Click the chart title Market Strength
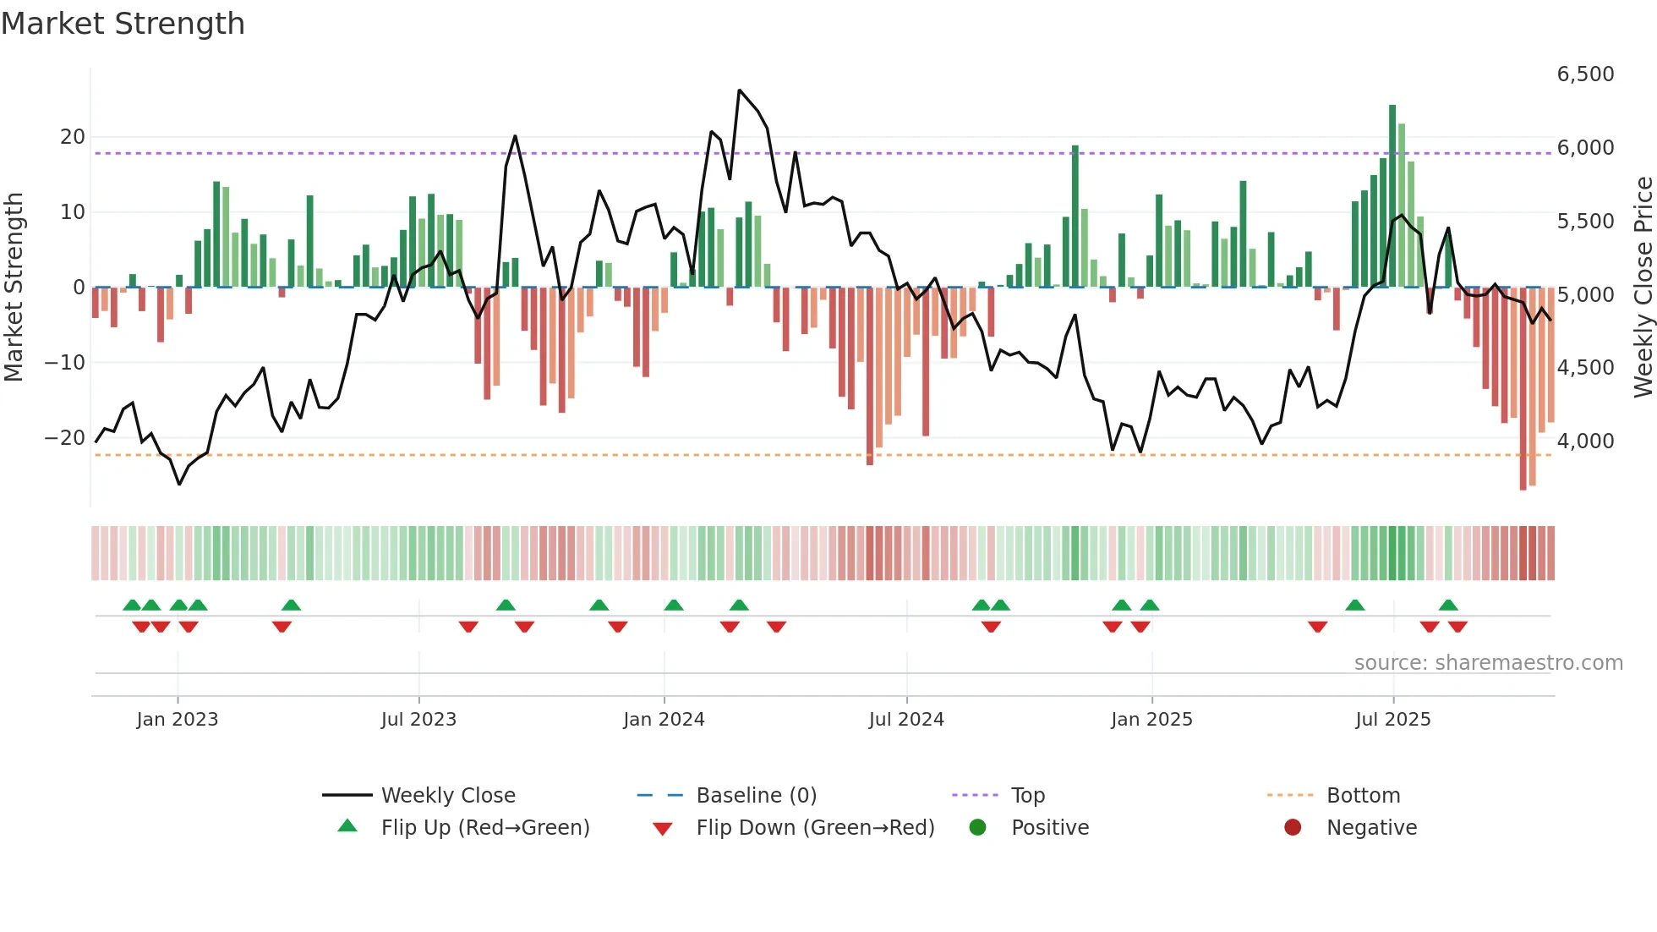coord(123,24)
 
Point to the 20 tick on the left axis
coord(73,137)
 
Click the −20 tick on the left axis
coord(65,438)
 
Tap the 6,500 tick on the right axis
coord(1585,74)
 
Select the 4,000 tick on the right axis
coord(1585,441)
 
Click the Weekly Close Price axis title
coord(1643,288)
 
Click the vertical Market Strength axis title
coord(14,288)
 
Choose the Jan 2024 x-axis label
coord(664,720)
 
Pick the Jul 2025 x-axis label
coord(1392,720)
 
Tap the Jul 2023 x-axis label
coord(418,720)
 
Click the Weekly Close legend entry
coord(447,796)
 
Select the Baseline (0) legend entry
coord(756,796)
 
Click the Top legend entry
coord(1027,796)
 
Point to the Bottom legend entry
coord(1363,796)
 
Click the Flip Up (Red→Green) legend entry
coord(484,828)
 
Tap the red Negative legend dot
coord(1293,828)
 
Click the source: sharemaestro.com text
coord(1488,663)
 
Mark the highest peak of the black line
coord(739,90)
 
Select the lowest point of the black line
coord(179,484)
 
